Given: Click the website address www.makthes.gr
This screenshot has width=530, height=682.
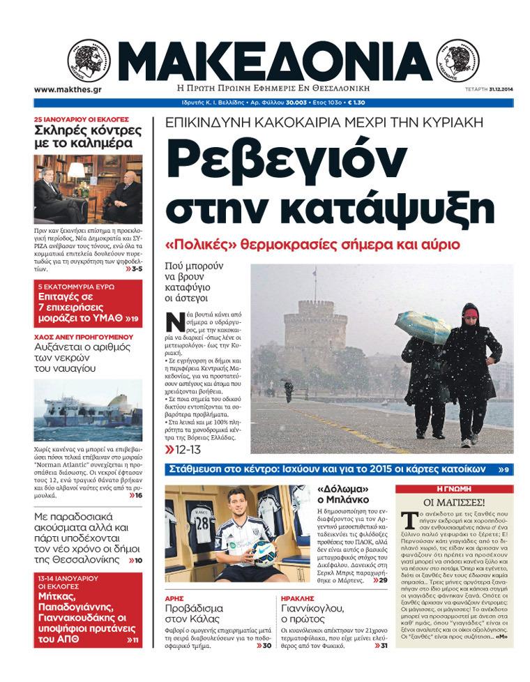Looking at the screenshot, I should click(68, 89).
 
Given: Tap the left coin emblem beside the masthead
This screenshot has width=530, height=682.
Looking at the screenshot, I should click(89, 61).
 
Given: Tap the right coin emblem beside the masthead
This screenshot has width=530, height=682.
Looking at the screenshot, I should click(457, 61).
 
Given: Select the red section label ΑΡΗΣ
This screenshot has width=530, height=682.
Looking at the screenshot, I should click(174, 598).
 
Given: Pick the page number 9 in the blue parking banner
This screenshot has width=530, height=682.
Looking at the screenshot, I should click(507, 469).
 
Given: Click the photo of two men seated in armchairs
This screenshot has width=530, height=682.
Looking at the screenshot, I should click(88, 189).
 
